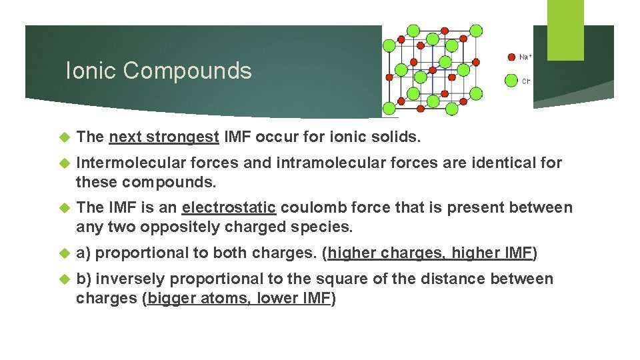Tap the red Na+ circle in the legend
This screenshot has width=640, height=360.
[x=511, y=57]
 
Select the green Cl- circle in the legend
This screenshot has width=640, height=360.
[x=511, y=81]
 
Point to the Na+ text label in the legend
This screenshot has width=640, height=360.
[x=525, y=57]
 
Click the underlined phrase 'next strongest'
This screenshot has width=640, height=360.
[x=164, y=137]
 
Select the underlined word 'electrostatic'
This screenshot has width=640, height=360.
[x=229, y=208]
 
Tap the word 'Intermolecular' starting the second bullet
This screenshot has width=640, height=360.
[x=131, y=163]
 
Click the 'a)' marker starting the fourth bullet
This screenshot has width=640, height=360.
[x=83, y=253]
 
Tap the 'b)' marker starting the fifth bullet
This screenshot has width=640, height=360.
[x=84, y=279]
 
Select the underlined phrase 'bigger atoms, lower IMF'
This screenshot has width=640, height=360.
[x=239, y=299]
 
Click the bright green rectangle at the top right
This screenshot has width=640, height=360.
[x=565, y=30]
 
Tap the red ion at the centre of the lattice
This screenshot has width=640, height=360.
[x=433, y=69]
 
